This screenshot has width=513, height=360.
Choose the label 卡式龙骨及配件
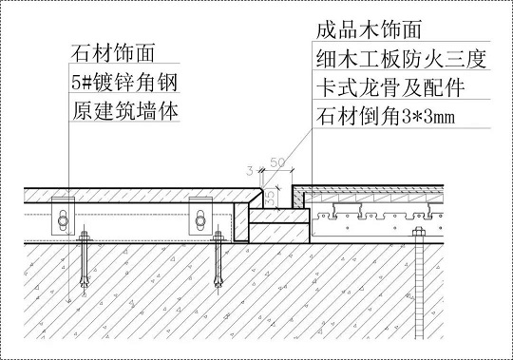[x=389, y=90]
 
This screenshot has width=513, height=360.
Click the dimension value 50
[x=279, y=164]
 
